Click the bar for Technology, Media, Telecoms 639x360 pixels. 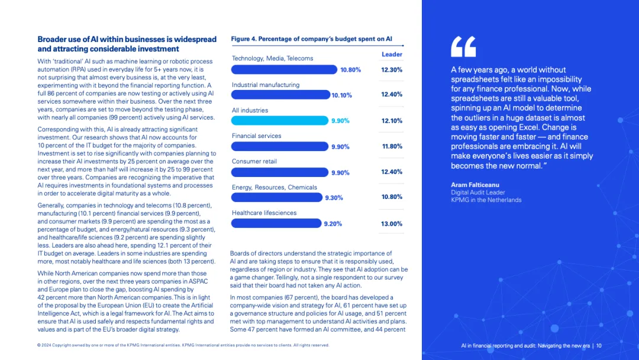click(283, 69)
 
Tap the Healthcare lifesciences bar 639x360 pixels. click(276, 224)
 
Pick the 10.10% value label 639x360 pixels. click(342, 95)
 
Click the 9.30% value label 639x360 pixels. click(334, 198)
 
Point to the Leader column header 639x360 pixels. click(392, 54)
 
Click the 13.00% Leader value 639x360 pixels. click(392, 224)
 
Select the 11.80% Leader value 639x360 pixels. click(392, 146)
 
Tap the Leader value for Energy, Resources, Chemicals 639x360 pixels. click(392, 197)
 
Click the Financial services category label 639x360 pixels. click(256, 136)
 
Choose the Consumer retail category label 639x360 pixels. click(254, 162)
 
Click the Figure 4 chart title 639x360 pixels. click(311, 39)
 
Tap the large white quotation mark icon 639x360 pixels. click(463, 47)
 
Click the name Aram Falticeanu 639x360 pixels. click(475, 185)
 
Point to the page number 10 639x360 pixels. click(599, 346)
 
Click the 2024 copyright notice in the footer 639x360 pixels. click(183, 345)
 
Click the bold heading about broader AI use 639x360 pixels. click(127, 44)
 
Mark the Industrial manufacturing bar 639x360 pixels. click(280, 95)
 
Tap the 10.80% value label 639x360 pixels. click(350, 70)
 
